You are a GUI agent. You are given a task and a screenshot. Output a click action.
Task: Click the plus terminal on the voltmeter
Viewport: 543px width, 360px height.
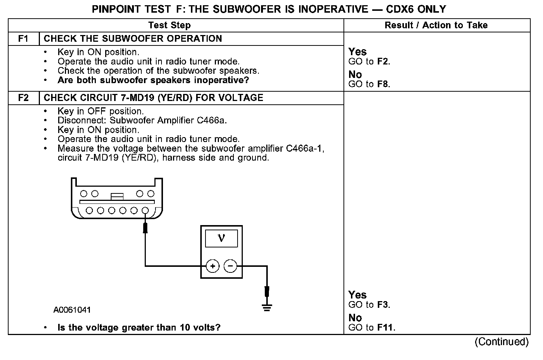click(x=213, y=266)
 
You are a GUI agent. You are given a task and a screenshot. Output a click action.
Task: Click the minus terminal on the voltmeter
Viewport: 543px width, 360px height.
click(x=230, y=266)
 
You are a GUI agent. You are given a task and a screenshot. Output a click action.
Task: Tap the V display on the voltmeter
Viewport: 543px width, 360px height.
click(x=222, y=238)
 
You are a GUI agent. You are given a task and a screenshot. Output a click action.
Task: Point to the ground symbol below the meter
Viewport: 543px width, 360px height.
click(x=267, y=307)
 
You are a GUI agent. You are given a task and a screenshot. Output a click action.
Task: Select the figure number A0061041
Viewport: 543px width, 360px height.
click(x=72, y=310)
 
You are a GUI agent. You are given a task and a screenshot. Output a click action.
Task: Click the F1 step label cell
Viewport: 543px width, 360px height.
click(x=23, y=39)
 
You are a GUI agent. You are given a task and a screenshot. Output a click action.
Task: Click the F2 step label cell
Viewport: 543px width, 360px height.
click(x=23, y=98)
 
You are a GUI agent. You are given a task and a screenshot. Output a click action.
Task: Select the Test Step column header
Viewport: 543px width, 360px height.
click(x=169, y=25)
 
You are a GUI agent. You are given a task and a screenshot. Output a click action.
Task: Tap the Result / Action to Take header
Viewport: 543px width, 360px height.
click(x=436, y=25)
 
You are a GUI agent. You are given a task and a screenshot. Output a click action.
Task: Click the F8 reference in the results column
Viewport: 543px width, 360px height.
click(x=383, y=84)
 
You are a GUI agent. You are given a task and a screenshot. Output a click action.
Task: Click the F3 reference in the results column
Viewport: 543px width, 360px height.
click(x=383, y=305)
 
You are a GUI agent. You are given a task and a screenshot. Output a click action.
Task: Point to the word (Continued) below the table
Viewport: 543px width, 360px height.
click(x=501, y=342)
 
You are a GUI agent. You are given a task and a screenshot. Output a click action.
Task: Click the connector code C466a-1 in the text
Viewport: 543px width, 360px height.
click(x=305, y=149)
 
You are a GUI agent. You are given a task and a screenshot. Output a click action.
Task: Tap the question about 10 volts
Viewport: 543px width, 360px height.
click(x=139, y=328)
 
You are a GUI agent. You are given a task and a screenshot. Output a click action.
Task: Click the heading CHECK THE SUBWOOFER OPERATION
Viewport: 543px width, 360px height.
click(x=133, y=39)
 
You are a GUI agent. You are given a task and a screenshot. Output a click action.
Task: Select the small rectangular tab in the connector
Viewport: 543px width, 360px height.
click(x=117, y=195)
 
